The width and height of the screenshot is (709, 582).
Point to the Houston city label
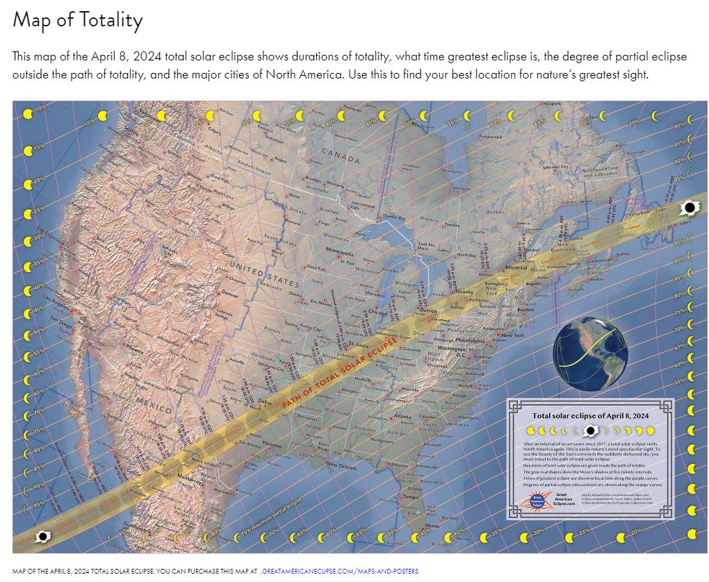pos(273,444)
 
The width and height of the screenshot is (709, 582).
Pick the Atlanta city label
pos(402,417)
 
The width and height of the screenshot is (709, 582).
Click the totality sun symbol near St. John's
pos(690,207)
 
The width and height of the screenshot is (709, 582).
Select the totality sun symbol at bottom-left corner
pos(42,537)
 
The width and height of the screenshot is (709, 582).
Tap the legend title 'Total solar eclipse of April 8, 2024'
pos(590,415)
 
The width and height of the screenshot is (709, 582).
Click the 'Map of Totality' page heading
pos(77,20)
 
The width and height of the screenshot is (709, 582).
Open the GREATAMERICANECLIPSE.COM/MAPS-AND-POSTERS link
pos(340,571)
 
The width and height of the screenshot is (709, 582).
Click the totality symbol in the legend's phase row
pos(591,431)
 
